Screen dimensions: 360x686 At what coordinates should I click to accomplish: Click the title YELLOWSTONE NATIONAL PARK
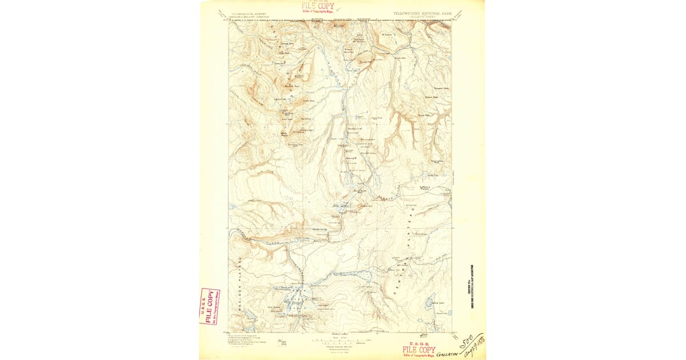(x=422, y=11)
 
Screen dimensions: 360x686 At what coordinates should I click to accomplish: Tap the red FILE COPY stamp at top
(x=318, y=7)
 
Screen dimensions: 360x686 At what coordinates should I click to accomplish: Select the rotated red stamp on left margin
(x=209, y=306)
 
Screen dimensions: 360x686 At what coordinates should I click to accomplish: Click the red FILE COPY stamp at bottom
(x=418, y=350)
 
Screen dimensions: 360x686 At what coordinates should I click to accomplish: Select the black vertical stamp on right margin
(x=472, y=285)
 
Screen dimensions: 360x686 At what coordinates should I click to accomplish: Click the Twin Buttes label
(x=272, y=306)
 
